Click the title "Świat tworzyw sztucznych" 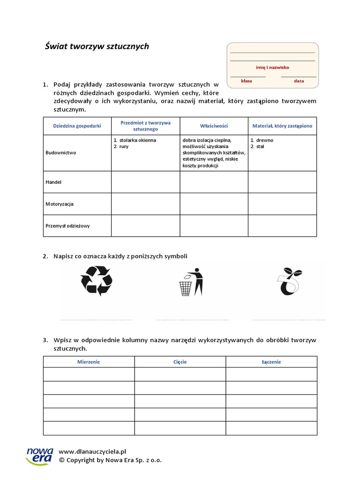pyautogui.click(x=97, y=46)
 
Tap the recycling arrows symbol pyautogui.click(x=97, y=281)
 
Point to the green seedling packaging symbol pyautogui.click(x=289, y=282)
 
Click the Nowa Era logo pyautogui.click(x=40, y=456)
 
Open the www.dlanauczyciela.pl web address pyautogui.click(x=93, y=451)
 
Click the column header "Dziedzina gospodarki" pyautogui.click(x=77, y=126)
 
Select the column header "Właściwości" pyautogui.click(x=214, y=126)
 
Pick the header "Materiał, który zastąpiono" pyautogui.click(x=282, y=126)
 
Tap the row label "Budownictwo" pyautogui.click(x=61, y=153)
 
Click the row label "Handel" pyautogui.click(x=54, y=182)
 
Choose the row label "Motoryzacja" pyautogui.click(x=60, y=204)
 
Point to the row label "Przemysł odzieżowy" pyautogui.click(x=67, y=225)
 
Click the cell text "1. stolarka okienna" pyautogui.click(x=135, y=140)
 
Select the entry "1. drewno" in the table pyautogui.click(x=262, y=140)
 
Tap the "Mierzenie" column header pyautogui.click(x=89, y=362)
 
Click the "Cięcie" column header pyautogui.click(x=180, y=362)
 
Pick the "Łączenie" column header pyautogui.click(x=271, y=362)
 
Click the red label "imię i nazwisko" pyautogui.click(x=272, y=67)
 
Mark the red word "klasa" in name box pyautogui.click(x=247, y=81)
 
